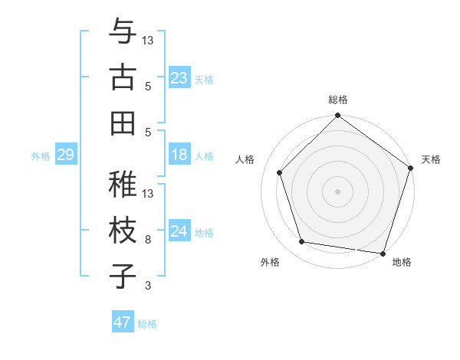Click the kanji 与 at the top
(123, 32)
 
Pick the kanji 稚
(123, 184)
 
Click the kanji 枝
(123, 230)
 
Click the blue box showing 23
(179, 77)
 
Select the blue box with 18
(179, 155)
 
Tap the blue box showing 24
(179, 231)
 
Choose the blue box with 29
(65, 155)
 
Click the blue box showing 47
(123, 322)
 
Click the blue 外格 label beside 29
(40, 155)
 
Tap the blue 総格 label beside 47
(147, 323)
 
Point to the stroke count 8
(148, 240)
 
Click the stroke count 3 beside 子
(148, 286)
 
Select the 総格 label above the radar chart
(337, 100)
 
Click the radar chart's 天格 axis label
(432, 159)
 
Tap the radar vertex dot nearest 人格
(280, 172)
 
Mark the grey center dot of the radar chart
(337, 191)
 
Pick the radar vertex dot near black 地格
(383, 253)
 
